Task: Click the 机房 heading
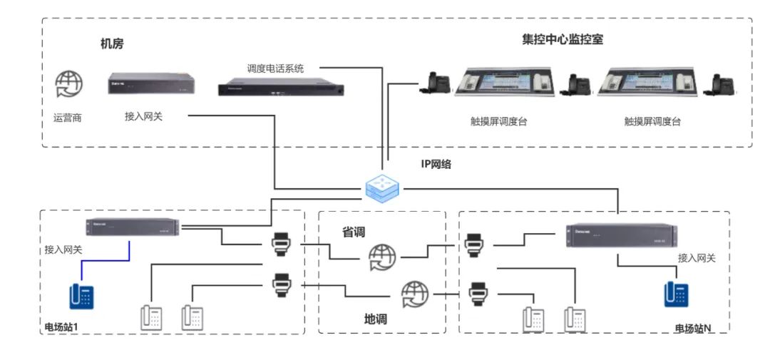coord(112,44)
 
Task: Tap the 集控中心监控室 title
coord(562,40)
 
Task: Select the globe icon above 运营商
coord(68,85)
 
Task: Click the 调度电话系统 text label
coord(274,68)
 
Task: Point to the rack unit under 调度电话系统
coord(281,89)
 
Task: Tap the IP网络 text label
coord(436,164)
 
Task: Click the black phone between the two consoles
coord(578,85)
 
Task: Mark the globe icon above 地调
coord(415,293)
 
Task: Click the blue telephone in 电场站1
coord(82,296)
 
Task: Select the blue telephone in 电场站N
coord(676,294)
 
